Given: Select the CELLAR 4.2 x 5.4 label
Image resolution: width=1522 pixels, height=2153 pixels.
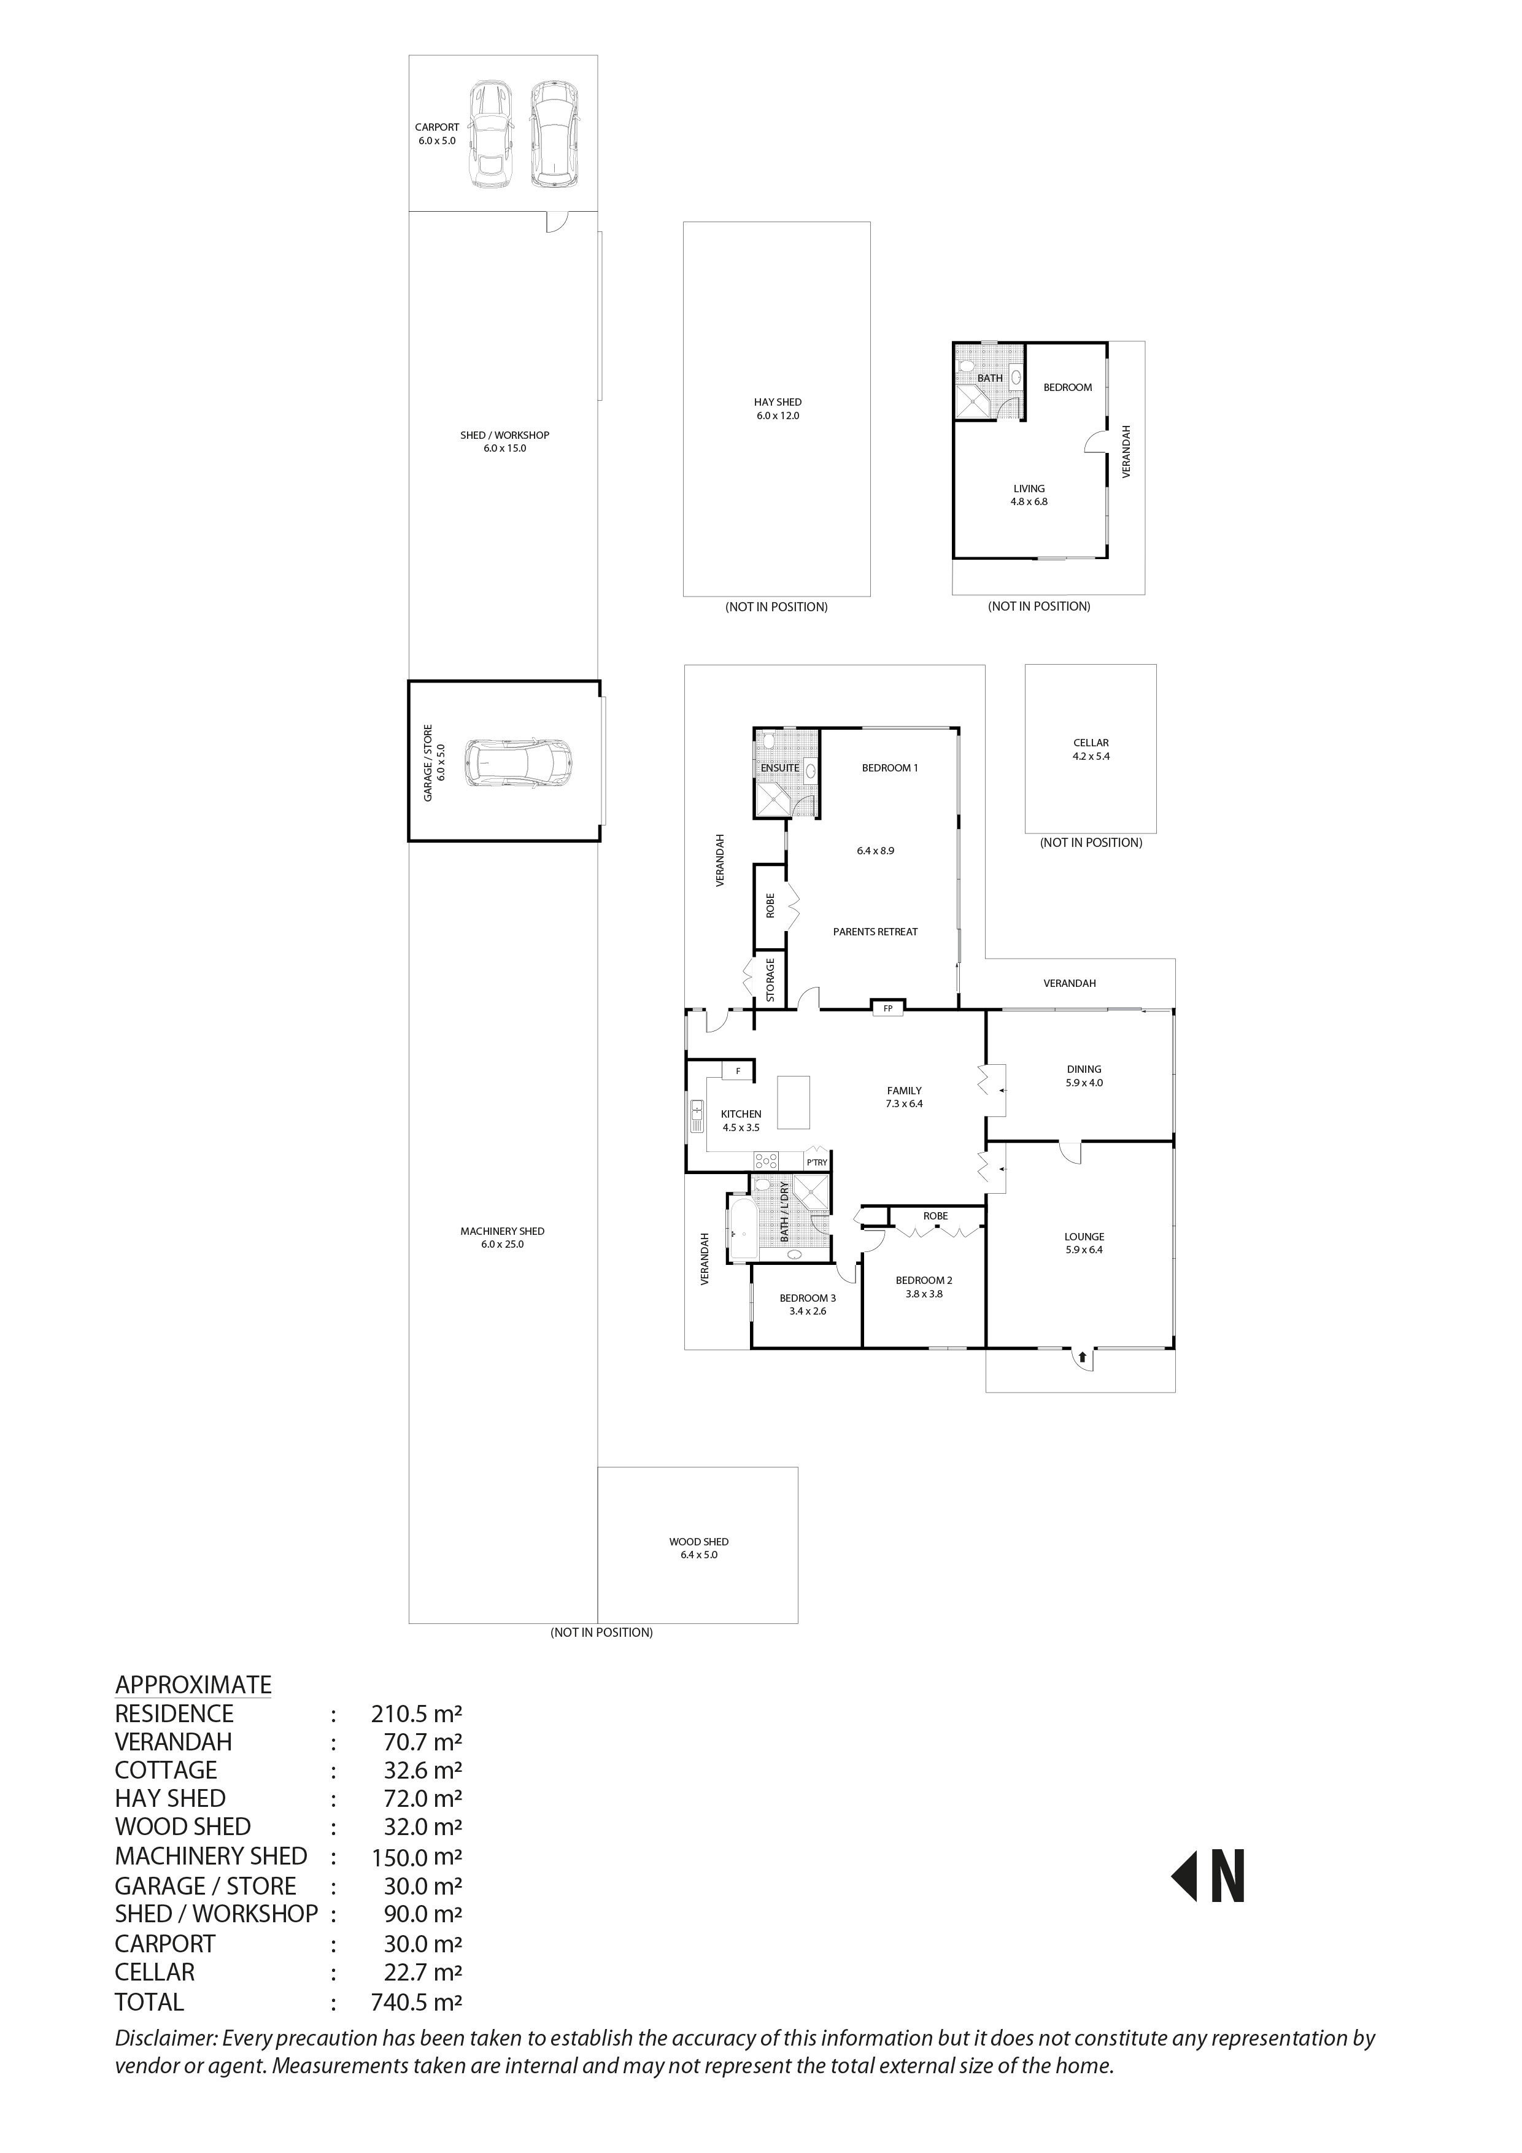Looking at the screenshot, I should (x=1091, y=749).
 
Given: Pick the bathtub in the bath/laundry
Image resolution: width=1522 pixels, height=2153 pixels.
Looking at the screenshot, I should (x=742, y=1229).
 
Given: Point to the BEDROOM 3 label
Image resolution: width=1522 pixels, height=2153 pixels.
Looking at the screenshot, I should (x=808, y=1298).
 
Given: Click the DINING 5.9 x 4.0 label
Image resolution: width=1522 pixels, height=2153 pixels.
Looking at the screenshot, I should (x=1083, y=1075).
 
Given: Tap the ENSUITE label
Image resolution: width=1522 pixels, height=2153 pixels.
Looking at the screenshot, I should (x=779, y=768).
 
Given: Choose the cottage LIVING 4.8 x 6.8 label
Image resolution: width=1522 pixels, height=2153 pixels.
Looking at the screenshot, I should (x=1029, y=495).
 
